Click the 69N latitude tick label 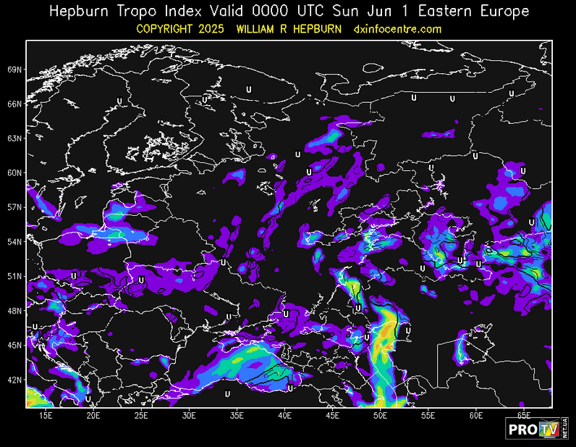pos(14,70)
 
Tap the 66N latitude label pos(14,104)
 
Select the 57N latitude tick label pos(14,207)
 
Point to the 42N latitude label pos(14,380)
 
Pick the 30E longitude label pos(189,415)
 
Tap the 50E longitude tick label pos(381,415)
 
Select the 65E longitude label pos(524,415)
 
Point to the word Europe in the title pos(502,12)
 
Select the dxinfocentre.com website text pos(397,29)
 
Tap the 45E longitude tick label pos(333,415)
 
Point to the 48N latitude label pos(14,311)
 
